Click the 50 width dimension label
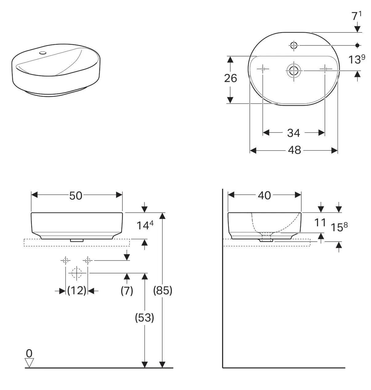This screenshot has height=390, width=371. tap(76, 196)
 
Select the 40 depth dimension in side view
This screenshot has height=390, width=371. tap(264, 195)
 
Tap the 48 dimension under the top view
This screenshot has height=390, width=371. tap(294, 150)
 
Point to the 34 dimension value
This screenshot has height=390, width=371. tap(293, 133)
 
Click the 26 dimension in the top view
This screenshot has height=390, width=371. tap(230, 78)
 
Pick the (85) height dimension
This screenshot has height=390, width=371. tap(163, 290)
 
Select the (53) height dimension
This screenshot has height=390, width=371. tap(145, 317)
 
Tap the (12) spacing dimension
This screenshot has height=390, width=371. tap(77, 290)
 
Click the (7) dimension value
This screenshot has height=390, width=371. tap(127, 290)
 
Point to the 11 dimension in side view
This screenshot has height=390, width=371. tap(320, 222)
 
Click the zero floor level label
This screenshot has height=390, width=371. tap(29, 353)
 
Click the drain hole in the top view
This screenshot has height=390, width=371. tap(293, 71)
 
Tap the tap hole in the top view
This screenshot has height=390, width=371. tap(293, 45)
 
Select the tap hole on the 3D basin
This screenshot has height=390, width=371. tap(43, 53)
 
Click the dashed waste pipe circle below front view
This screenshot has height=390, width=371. tap(76, 273)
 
